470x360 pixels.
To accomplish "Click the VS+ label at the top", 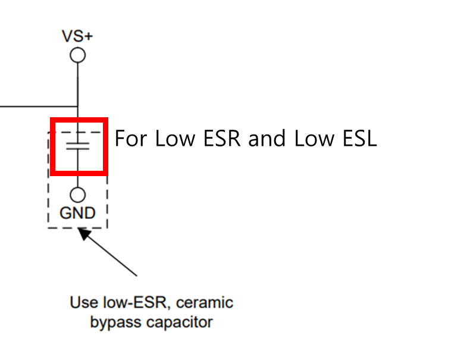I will point(77,36).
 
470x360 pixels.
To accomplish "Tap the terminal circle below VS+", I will point(77,55).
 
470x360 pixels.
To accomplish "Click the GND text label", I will point(77,212).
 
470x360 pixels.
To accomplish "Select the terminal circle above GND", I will point(77,195).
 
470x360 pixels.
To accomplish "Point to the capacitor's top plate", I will point(77,143).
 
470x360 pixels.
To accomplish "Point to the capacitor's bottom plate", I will point(77,149).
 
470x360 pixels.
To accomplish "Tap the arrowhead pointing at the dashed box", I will point(85,234).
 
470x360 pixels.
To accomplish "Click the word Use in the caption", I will point(83,302).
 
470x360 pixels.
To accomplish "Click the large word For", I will point(130,138).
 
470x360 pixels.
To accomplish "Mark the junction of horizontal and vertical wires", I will point(77,107).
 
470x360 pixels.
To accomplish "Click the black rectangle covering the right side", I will point(361,180).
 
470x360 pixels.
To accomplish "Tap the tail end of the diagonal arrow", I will point(136,275).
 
